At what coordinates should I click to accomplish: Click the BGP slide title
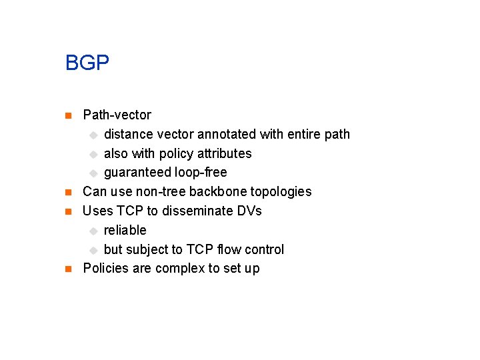(87, 63)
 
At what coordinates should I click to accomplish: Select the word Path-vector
(117, 115)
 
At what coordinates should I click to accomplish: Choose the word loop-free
(201, 173)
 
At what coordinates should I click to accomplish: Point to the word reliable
(125, 230)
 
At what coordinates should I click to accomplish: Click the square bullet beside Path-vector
(67, 115)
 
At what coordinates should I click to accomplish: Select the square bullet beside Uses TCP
(67, 211)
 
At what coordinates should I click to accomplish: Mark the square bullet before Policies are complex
(67, 269)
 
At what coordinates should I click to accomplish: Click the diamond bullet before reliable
(93, 231)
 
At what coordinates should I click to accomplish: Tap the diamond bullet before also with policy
(93, 154)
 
